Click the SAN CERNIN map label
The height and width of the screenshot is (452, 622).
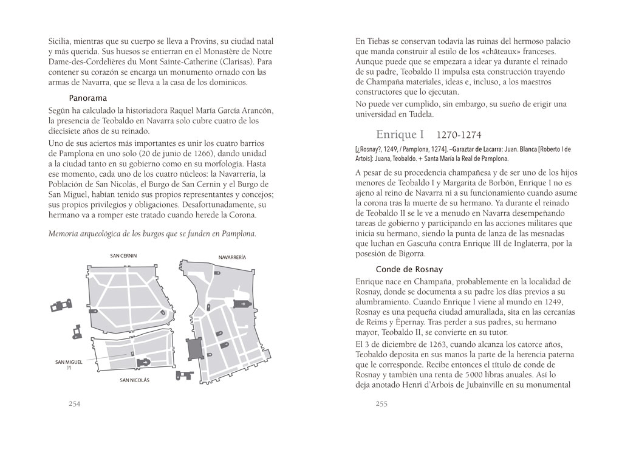pyautogui.click(x=123, y=256)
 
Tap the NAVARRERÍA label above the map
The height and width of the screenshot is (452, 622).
pyautogui.click(x=232, y=257)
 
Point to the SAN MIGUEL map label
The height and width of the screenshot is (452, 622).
pyautogui.click(x=68, y=362)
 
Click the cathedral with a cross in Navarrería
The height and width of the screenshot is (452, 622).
pyautogui.click(x=241, y=304)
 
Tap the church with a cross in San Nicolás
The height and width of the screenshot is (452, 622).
pyautogui.click(x=144, y=362)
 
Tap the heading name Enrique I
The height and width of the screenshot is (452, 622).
pyautogui.click(x=404, y=134)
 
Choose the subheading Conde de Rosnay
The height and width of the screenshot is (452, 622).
pyautogui.click(x=409, y=269)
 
